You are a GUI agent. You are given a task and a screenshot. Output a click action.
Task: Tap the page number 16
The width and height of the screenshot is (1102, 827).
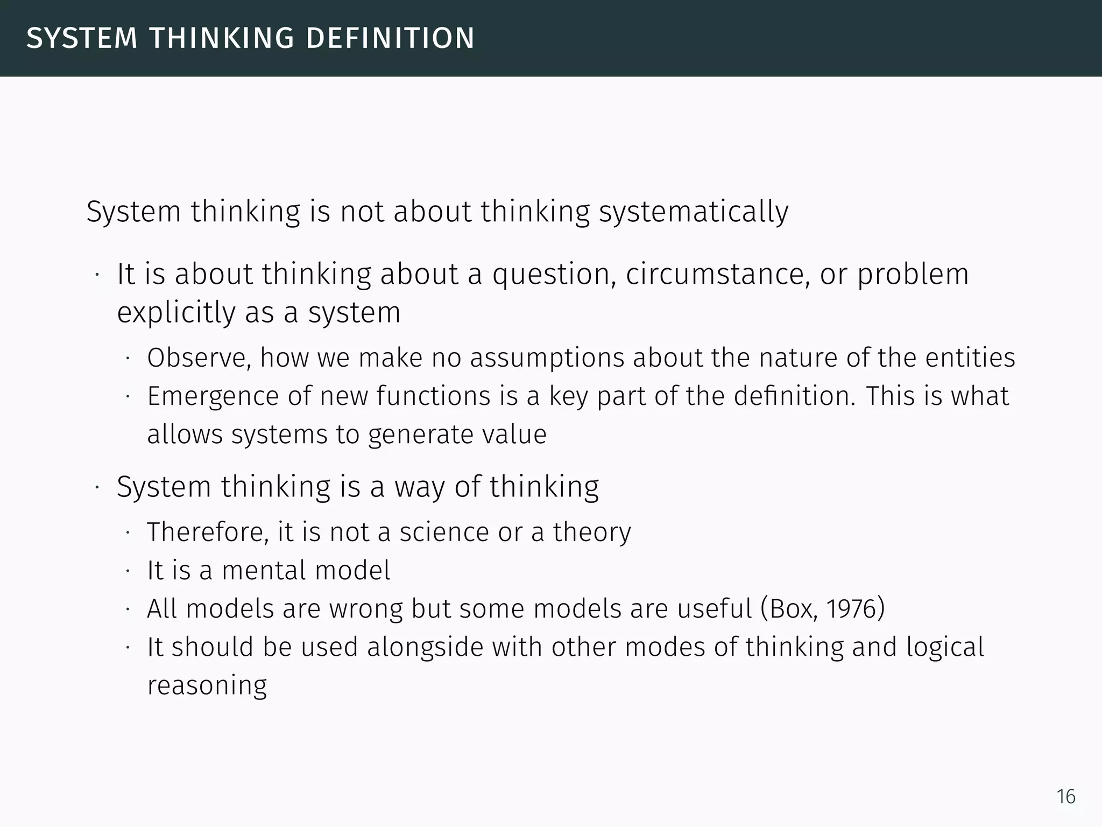[x=1066, y=796]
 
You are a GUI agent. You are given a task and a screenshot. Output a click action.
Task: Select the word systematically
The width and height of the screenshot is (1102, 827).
[x=694, y=212]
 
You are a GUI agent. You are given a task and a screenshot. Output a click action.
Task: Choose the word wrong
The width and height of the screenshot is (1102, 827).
[x=365, y=609]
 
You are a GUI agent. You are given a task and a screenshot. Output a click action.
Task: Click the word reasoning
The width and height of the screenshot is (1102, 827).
[x=207, y=686]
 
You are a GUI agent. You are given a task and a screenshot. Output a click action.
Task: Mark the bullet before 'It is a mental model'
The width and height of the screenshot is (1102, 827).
[x=128, y=572]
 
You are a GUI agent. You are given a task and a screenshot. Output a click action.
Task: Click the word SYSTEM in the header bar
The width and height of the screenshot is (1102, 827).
[x=82, y=38]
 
